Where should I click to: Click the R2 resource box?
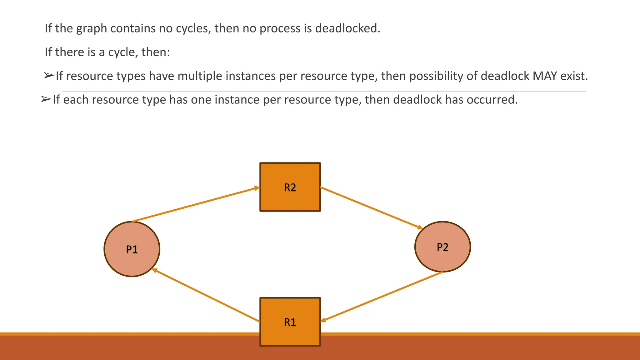pos(290,187)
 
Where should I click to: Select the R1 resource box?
pos(290,322)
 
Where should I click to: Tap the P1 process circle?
pos(132,249)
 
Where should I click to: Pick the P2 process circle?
pos(442,247)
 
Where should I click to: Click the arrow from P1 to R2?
pos(196,205)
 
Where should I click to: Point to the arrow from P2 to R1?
pos(382,296)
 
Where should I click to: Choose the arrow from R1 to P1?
pos(206,295)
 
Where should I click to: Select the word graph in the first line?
pos(91,28)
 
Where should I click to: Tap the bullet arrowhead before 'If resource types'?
pos(49,76)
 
